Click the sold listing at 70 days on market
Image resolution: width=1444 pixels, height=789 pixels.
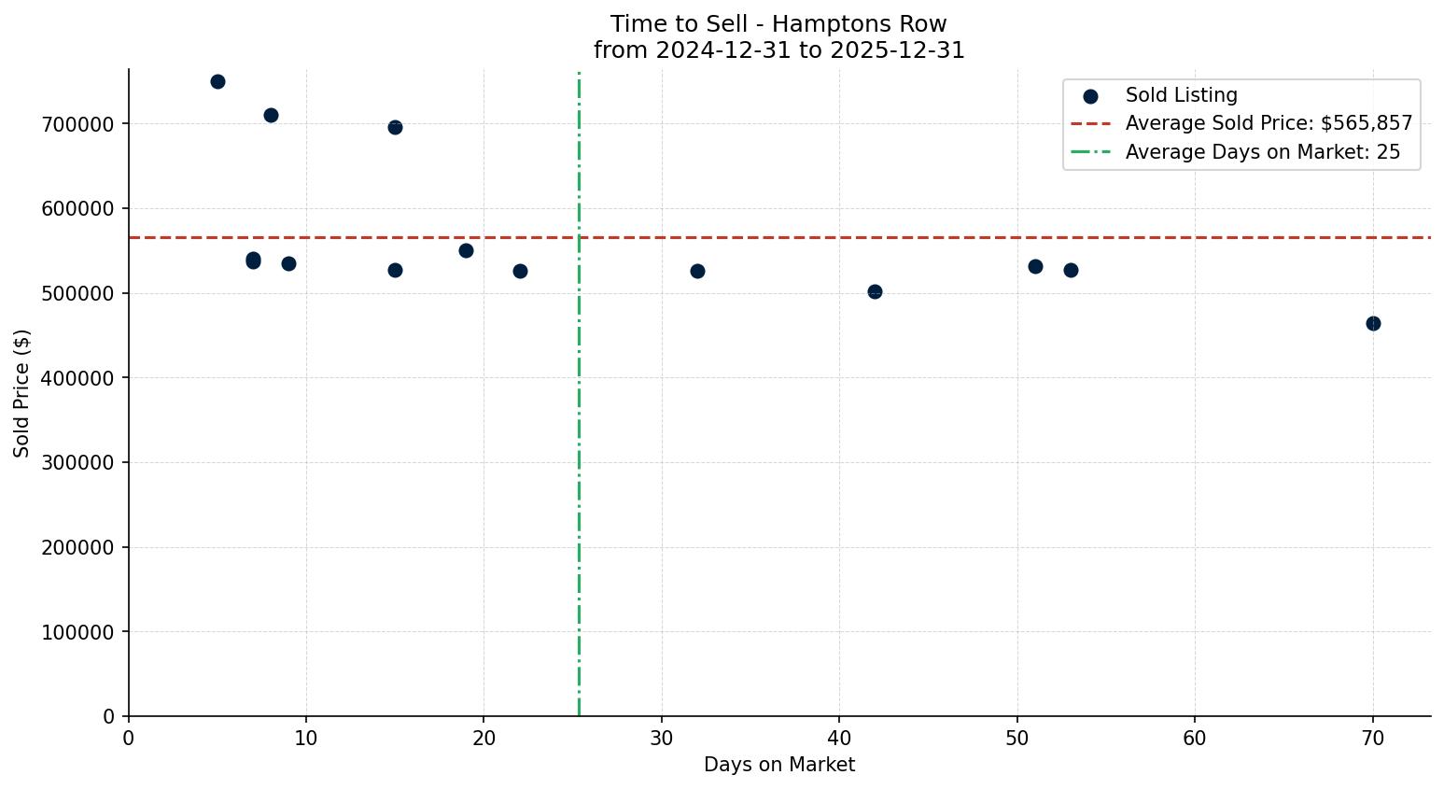(1372, 323)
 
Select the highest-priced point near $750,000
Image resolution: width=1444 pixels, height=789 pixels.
(217, 81)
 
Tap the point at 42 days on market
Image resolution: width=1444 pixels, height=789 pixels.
(875, 291)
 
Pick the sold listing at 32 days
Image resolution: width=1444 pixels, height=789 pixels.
(697, 271)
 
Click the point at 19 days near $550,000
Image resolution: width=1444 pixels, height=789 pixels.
(466, 250)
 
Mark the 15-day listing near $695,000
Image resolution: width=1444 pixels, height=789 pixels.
(395, 127)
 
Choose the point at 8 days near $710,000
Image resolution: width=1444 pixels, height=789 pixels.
(271, 115)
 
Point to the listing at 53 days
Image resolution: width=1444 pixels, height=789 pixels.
(1071, 270)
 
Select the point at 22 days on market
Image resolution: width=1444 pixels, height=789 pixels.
(520, 271)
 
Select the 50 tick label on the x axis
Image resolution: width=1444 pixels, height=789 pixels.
(1017, 739)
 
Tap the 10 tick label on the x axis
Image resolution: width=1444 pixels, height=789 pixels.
(306, 739)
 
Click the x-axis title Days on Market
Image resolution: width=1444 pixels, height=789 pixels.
(778, 765)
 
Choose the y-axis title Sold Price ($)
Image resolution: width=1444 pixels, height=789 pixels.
(21, 393)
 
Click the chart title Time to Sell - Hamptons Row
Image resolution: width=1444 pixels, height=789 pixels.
(778, 24)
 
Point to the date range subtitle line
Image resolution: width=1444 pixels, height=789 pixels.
(778, 50)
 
